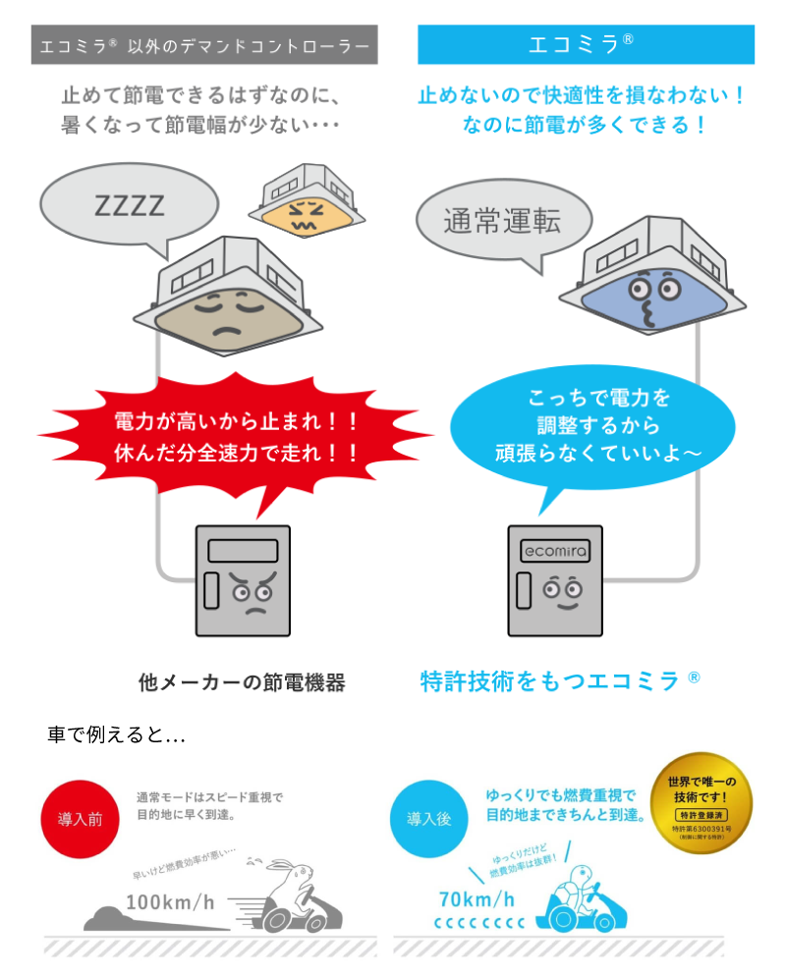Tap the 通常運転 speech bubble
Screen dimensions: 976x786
502,222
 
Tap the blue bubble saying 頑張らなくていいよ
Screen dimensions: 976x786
586,427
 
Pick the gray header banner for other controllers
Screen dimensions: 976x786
204,45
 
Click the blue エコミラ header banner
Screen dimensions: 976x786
586,44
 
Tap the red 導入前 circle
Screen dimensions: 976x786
80,819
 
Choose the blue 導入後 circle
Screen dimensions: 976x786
428,818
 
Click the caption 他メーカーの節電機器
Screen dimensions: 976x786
242,682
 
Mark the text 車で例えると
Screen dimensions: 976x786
116,734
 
